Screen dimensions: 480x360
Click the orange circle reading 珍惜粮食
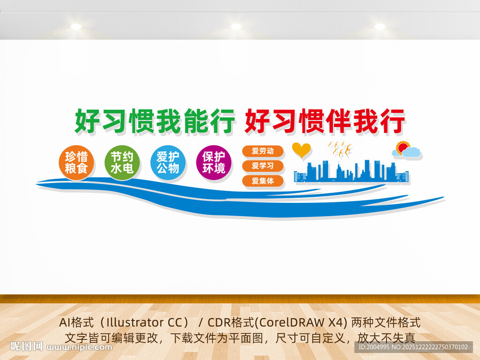[76, 163]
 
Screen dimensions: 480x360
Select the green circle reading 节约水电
[122, 163]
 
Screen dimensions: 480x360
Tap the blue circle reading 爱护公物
[168, 163]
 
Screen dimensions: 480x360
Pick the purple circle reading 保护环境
[214, 163]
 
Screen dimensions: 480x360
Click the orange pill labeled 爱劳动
[262, 151]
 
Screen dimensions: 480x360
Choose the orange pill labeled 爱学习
[262, 166]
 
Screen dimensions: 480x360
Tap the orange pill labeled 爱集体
[262, 181]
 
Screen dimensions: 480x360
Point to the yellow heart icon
[301, 150]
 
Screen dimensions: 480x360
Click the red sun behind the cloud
[402, 148]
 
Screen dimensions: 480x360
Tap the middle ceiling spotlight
[236, 27]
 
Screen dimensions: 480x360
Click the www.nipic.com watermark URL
[79, 347]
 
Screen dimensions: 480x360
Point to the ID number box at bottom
[413, 347]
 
